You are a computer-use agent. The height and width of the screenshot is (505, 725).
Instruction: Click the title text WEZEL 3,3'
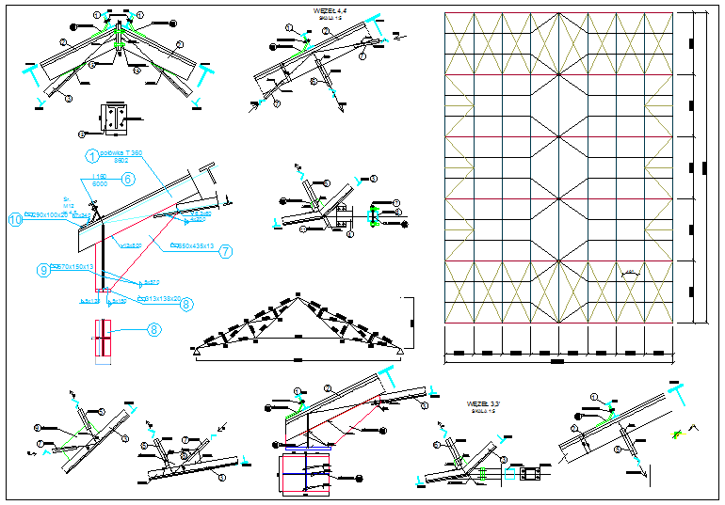[481, 404]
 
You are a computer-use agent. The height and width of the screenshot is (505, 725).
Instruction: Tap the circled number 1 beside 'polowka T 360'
[92, 155]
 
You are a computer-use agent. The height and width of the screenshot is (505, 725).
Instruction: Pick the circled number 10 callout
[14, 220]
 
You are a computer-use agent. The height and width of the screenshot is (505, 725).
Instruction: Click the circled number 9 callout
[43, 269]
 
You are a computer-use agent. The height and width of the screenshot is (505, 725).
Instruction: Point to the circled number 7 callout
[226, 250]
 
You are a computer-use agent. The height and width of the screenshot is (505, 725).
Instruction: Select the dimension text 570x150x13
[74, 267]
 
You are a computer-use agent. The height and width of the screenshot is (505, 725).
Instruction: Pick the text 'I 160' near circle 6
[98, 176]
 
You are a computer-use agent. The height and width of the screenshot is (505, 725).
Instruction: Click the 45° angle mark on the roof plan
[630, 273]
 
